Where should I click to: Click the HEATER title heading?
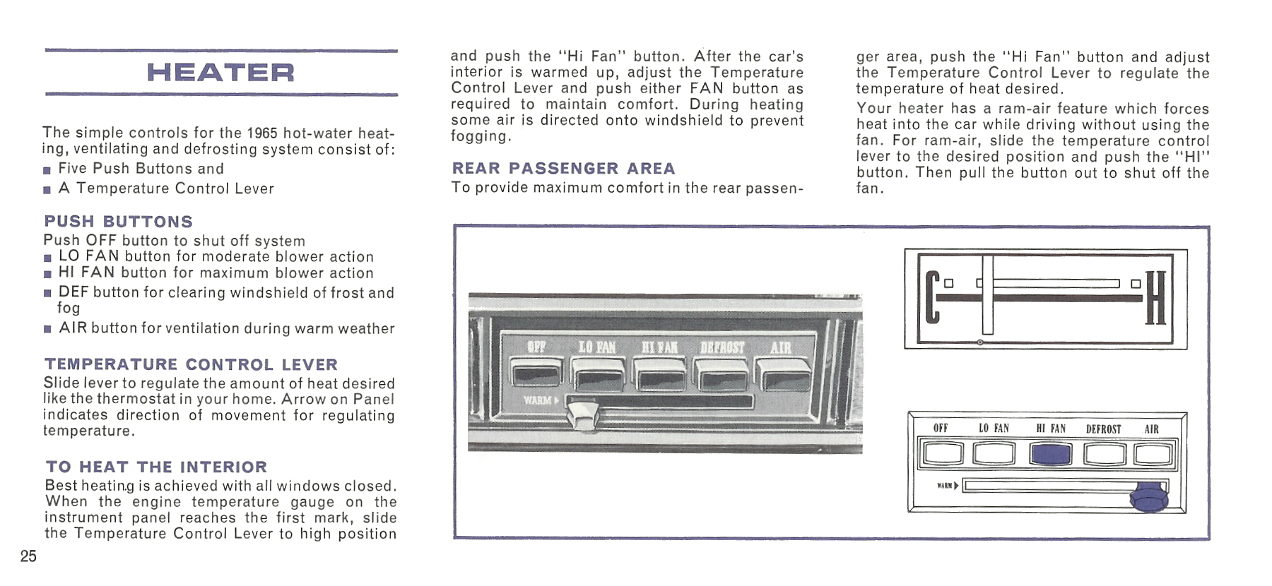point(220,72)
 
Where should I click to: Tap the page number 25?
point(28,556)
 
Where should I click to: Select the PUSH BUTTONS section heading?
point(118,222)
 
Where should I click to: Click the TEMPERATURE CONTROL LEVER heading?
point(191,364)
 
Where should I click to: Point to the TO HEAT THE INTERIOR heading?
point(156,467)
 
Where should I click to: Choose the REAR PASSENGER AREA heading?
point(563,168)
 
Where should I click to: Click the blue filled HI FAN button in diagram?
point(1050,454)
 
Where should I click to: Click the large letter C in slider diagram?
point(932,298)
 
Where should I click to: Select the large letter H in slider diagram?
point(1155,298)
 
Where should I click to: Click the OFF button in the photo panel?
point(536,373)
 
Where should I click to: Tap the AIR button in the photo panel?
point(782,373)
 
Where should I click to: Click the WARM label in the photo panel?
point(540,400)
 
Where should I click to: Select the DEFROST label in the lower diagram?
point(1103,429)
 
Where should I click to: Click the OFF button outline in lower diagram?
point(942,454)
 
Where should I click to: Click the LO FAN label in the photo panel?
point(596,347)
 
